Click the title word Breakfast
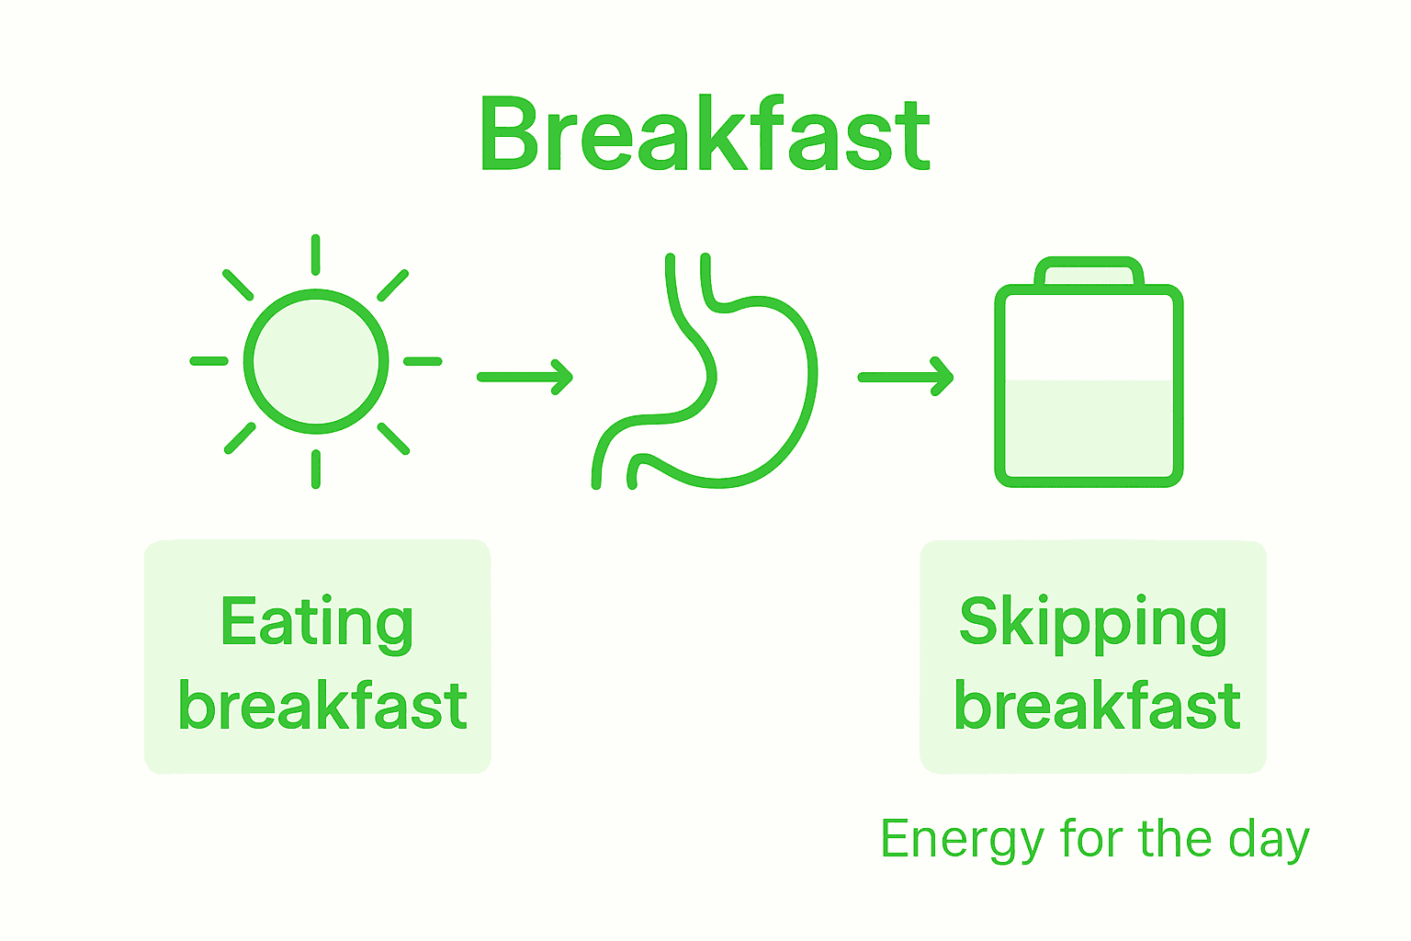[705, 135]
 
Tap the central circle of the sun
[316, 361]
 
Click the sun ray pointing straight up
[316, 255]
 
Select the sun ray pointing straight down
[316, 469]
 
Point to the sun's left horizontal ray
[209, 361]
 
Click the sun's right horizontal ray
[423, 361]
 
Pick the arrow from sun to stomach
[525, 377]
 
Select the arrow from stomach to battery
[906, 377]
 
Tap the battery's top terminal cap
[1089, 272]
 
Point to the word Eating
[317, 624]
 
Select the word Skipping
[1093, 624]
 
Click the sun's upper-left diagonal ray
[239, 285]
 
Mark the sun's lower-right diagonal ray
[393, 438]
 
